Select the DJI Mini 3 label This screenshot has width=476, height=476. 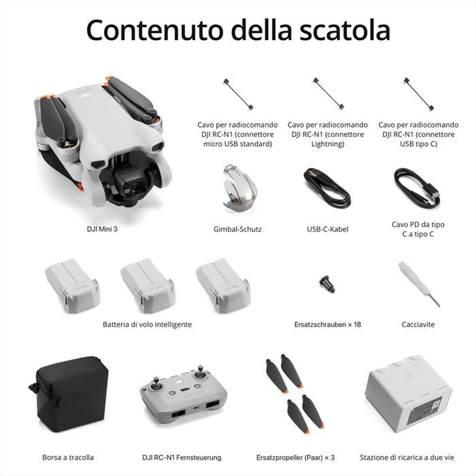pyautogui.click(x=101, y=229)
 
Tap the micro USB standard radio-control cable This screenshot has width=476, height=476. pyautogui.click(x=238, y=94)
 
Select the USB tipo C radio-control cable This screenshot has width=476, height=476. pyautogui.click(x=418, y=94)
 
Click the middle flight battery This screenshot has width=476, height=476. pyautogui.click(x=147, y=285)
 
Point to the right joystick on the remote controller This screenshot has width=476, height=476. pyautogui.click(x=201, y=370)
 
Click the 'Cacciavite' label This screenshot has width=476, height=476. pyautogui.click(x=418, y=325)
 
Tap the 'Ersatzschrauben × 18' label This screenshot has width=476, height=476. pyautogui.click(x=327, y=325)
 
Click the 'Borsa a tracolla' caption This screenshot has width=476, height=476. pyautogui.click(x=68, y=457)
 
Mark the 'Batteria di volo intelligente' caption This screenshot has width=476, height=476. pyautogui.click(x=147, y=324)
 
